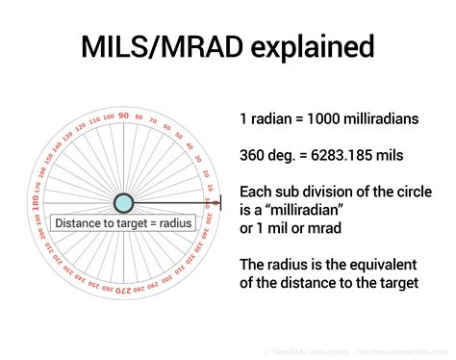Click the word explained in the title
point(314,49)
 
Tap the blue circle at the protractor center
point(124,203)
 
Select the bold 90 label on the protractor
point(124,115)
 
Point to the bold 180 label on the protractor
point(36,203)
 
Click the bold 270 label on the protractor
point(124,292)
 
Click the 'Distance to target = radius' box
point(124,223)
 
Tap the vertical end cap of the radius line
point(220,203)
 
